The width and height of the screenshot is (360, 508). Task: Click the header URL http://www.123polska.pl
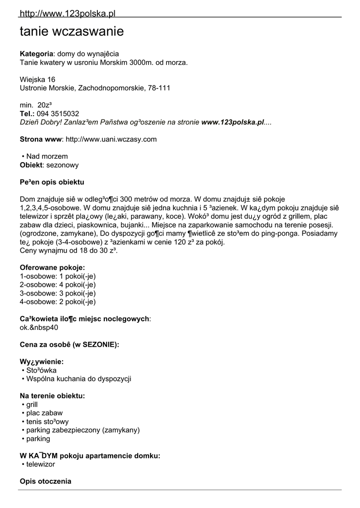(x=68, y=13)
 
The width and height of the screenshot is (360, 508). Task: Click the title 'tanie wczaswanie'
(x=72, y=32)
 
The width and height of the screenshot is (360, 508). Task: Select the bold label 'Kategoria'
(x=36, y=54)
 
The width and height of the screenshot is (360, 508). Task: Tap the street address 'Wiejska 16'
(x=37, y=79)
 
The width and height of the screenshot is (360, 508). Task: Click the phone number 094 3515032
(x=58, y=114)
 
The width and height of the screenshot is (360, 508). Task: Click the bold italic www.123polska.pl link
(x=232, y=122)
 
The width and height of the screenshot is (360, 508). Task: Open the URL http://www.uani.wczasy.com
(x=111, y=139)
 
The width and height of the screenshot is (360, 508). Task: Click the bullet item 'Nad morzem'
(x=47, y=156)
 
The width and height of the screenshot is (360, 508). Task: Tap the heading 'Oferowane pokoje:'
(x=52, y=267)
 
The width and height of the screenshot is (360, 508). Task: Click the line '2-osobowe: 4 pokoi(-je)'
(x=58, y=284)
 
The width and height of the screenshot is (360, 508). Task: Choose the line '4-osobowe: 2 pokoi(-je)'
(x=58, y=301)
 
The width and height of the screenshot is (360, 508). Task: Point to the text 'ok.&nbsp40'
(x=39, y=327)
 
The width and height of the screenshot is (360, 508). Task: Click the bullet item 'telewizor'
(x=40, y=464)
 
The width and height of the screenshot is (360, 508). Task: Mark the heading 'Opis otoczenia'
(x=45, y=481)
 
